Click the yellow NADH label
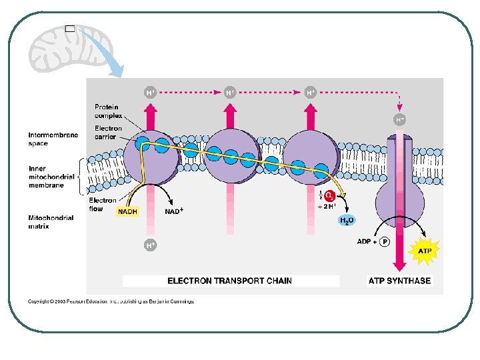coord(127,211)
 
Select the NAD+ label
coord(174,211)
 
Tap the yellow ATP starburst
coord(425,251)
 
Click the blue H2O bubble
coord(347,220)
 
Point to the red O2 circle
coord(329,195)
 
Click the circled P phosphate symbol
coord(384,243)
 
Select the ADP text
coord(364,242)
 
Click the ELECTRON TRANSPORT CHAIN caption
coord(229,281)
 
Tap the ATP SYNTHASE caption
coord(399,281)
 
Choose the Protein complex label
coord(107,111)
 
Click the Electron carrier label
coord(108,132)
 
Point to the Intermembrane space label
coord(53,139)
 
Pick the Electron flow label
coord(103,204)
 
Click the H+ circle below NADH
coord(151,245)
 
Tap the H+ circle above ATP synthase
coord(399,120)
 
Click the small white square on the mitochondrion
coord(69,29)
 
